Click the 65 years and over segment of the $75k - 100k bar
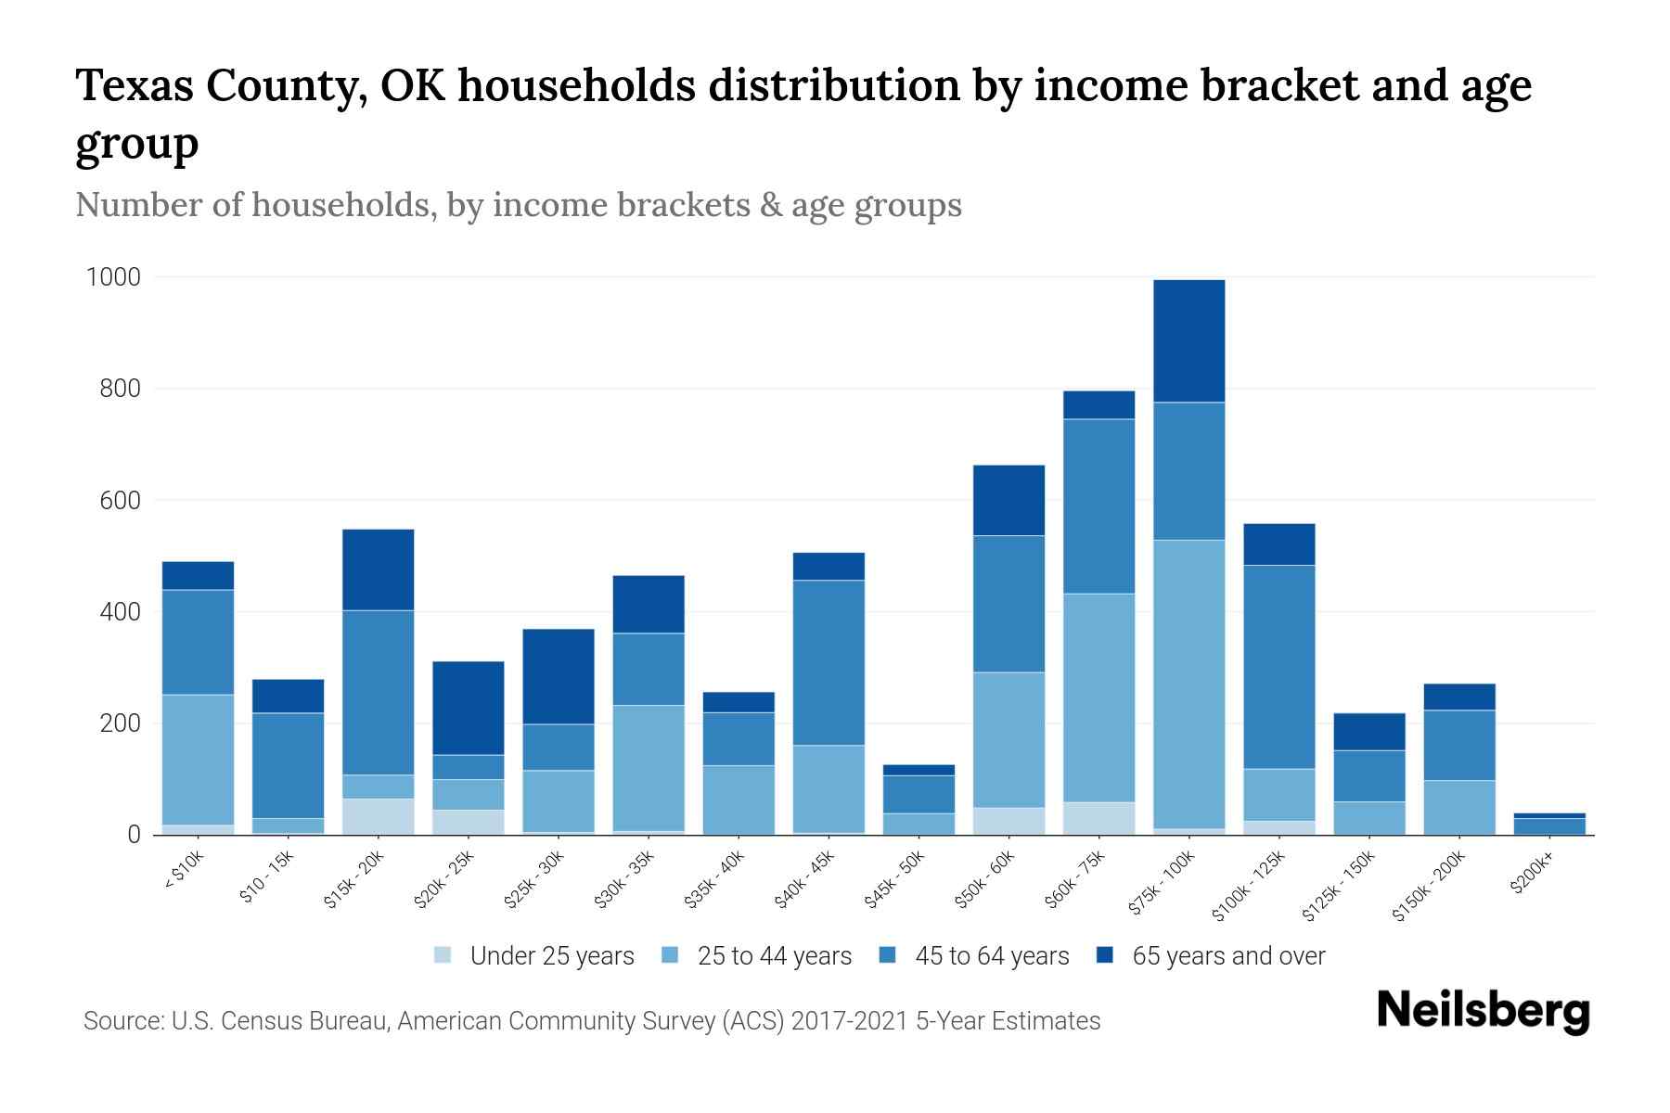(x=1188, y=340)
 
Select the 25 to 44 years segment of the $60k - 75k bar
(x=1098, y=697)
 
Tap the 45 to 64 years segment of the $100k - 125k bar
(x=1278, y=667)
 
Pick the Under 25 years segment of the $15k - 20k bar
(x=378, y=816)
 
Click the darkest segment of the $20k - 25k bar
(x=468, y=708)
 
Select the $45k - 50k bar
(x=918, y=800)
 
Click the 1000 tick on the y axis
(x=113, y=277)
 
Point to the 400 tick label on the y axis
(x=120, y=612)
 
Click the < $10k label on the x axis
(x=184, y=871)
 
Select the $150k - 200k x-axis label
(x=1430, y=887)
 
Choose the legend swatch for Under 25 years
(x=443, y=955)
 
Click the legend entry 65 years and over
(x=1227, y=956)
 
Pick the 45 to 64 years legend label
(x=991, y=956)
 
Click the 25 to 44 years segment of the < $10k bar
(x=198, y=760)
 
